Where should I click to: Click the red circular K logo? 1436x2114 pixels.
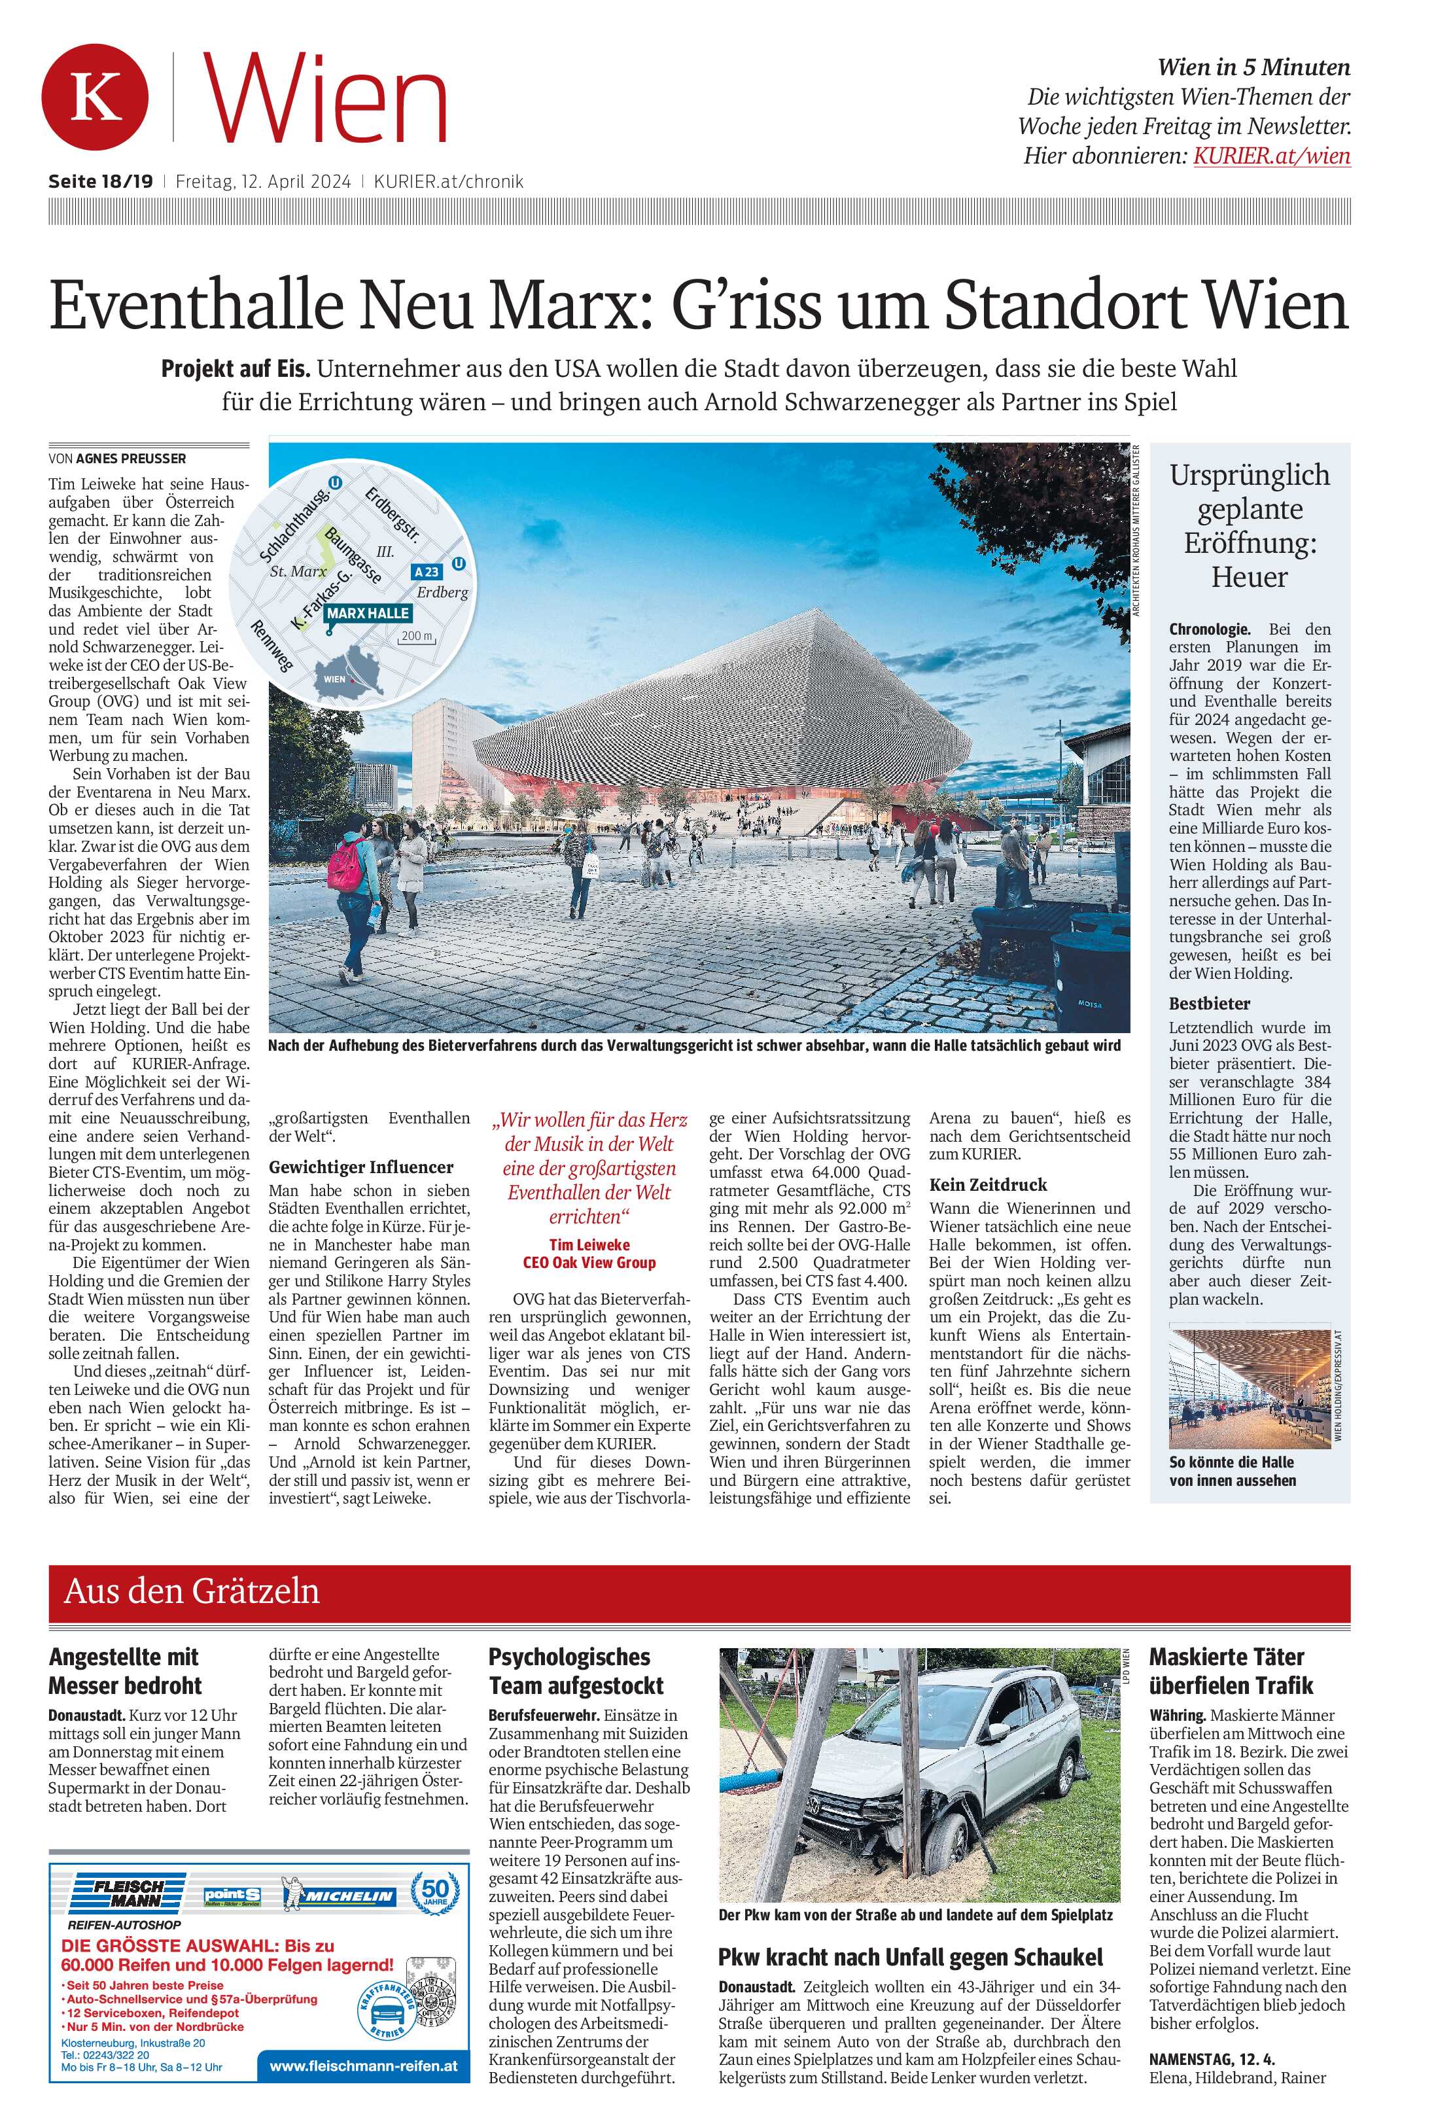pos(95,97)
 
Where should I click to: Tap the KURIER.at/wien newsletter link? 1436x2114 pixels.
pos(1270,156)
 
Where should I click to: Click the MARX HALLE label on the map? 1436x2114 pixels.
pos(368,613)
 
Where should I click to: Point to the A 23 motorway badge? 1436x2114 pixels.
pos(426,571)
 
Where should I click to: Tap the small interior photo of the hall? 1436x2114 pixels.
pos(1250,1385)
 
